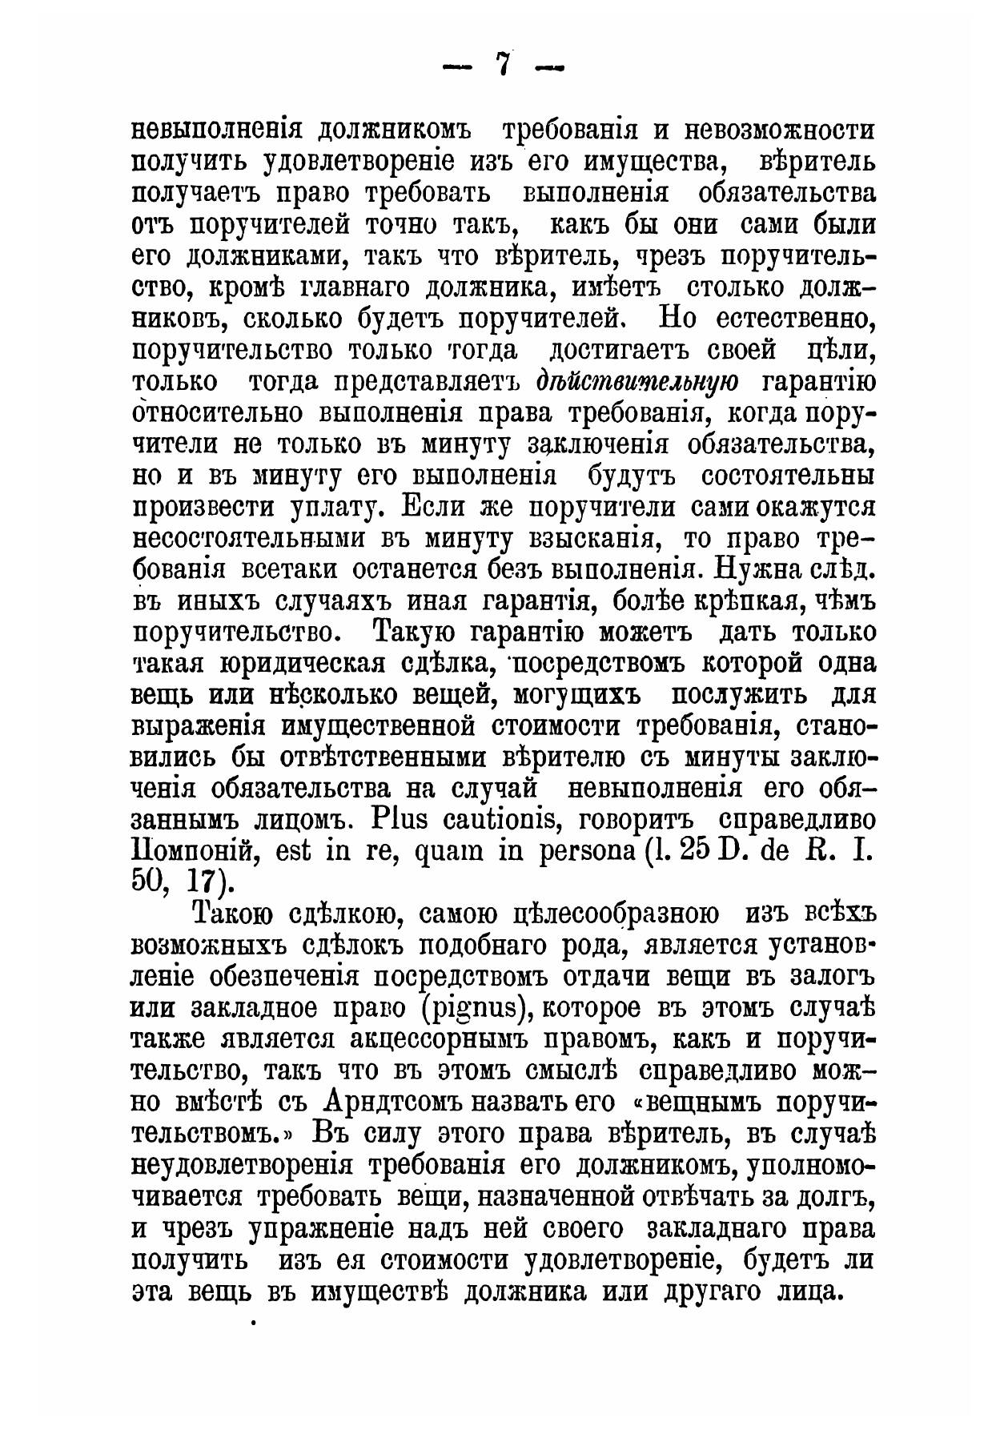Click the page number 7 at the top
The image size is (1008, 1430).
[503, 65]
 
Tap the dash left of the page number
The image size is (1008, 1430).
[459, 68]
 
